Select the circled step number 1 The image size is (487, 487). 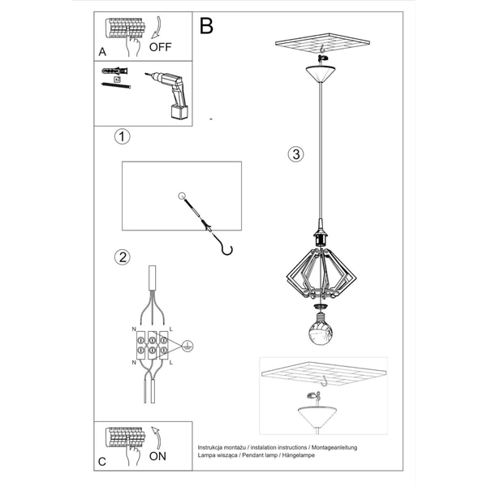click(x=121, y=136)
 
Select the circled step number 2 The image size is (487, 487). click(x=122, y=258)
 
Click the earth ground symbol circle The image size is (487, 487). click(x=187, y=344)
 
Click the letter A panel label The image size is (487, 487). click(x=102, y=51)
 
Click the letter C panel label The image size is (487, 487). click(x=101, y=462)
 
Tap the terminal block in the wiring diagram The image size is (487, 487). click(x=152, y=344)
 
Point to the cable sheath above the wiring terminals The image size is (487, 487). click(x=152, y=284)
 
